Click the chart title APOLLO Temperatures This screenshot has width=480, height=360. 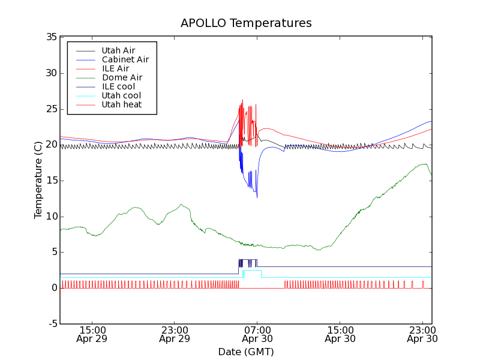[x=246, y=23]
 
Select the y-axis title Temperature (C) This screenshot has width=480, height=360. [x=38, y=180]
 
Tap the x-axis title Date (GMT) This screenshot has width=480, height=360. [x=245, y=352]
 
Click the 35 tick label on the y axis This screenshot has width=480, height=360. [x=51, y=37]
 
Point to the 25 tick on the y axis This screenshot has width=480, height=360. [x=51, y=109]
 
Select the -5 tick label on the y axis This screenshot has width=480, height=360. [x=51, y=324]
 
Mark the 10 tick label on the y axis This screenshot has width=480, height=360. [x=51, y=217]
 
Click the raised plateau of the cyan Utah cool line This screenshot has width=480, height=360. [x=252, y=271]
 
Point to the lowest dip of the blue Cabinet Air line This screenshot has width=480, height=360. [x=257, y=197]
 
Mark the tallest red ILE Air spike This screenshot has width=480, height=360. [x=242, y=100]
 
